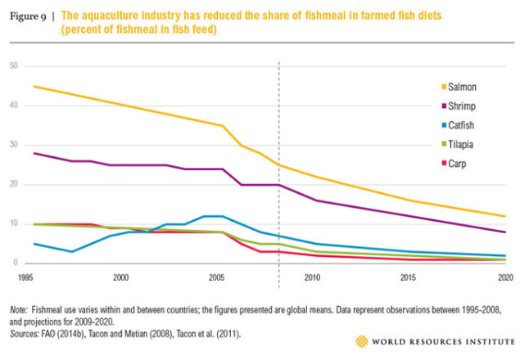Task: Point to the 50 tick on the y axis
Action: point(13,66)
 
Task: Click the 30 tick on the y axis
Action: point(13,145)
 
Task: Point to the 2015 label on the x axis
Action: point(407,278)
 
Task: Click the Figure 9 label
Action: point(29,16)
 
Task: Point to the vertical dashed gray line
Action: point(279,123)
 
